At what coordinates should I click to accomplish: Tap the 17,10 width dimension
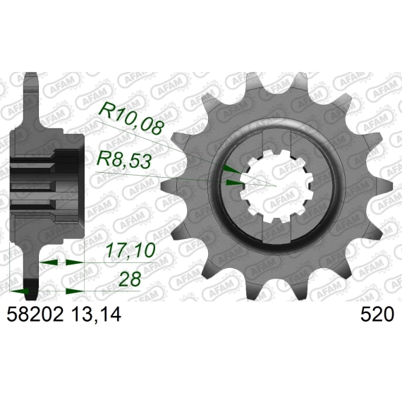point(130,250)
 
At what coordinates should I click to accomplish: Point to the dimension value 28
point(130,279)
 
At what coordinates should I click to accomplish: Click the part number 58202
point(35,315)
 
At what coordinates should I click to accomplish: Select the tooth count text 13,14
point(96,315)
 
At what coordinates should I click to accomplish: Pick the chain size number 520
point(377,315)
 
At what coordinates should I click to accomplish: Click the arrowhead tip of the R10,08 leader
point(240,173)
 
